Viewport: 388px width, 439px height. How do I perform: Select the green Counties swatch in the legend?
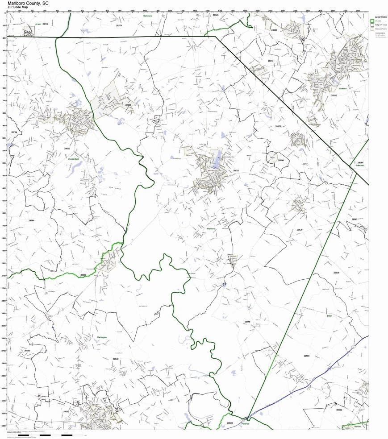(x=372, y=21)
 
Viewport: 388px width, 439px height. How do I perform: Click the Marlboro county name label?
(x=211, y=229)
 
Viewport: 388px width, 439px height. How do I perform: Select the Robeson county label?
(x=360, y=166)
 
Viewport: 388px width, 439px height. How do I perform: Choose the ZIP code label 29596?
(x=129, y=105)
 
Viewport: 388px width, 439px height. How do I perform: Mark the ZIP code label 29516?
(x=248, y=321)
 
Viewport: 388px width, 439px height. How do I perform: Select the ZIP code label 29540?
(x=116, y=359)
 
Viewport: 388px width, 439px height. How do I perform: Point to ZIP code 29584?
(x=31, y=220)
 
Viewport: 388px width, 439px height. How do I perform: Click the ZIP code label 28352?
(x=334, y=95)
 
